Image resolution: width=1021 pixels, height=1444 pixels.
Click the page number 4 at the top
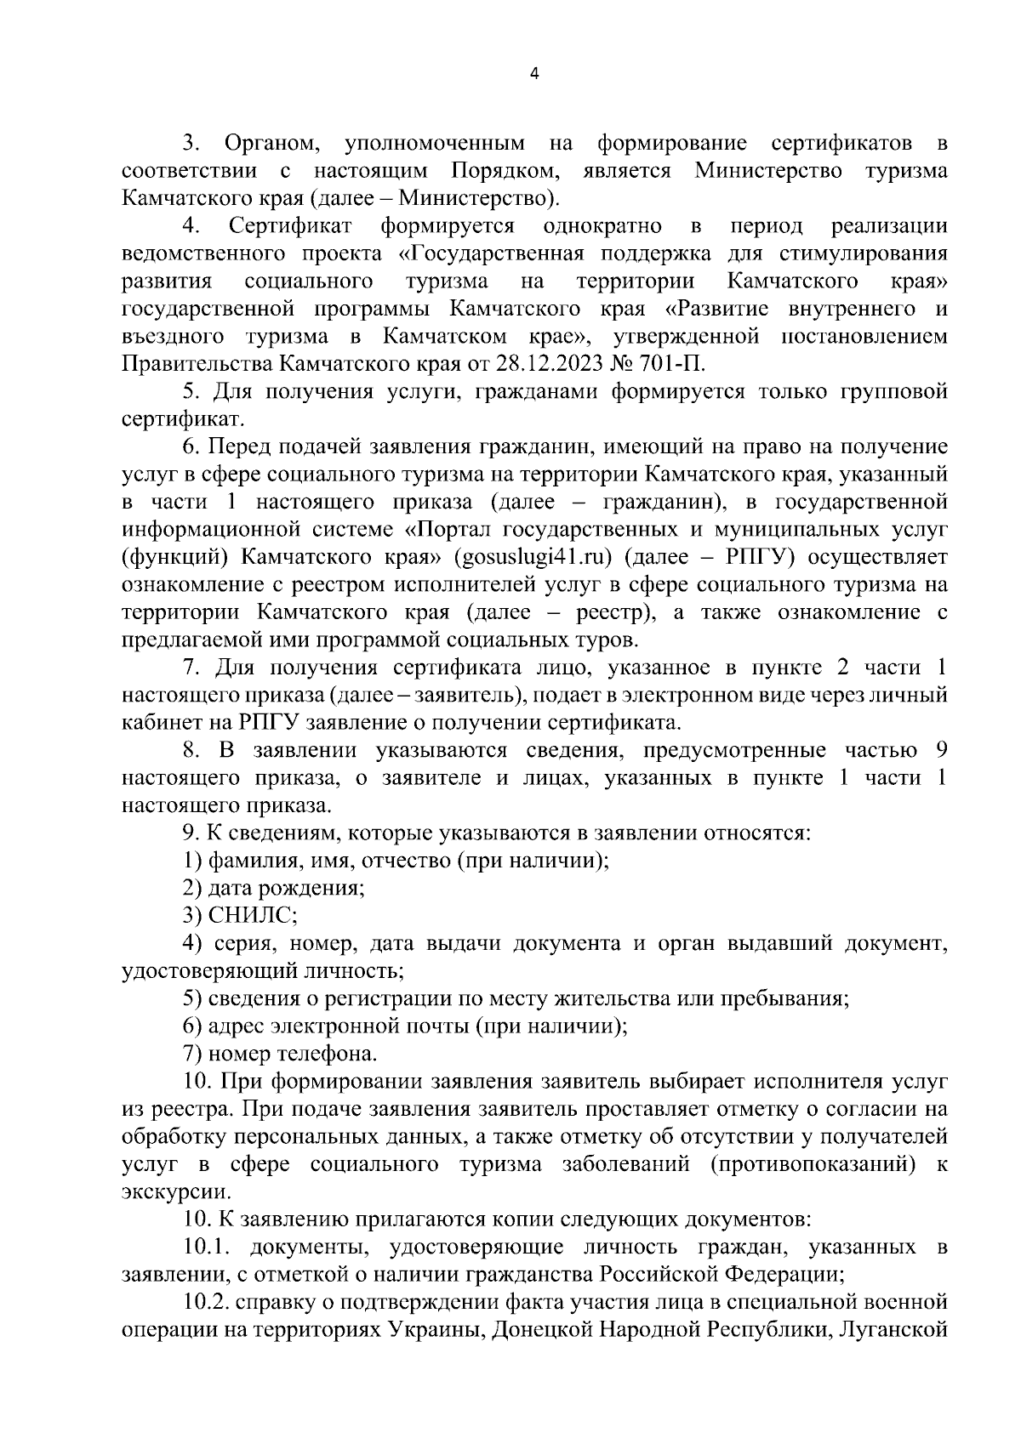533,74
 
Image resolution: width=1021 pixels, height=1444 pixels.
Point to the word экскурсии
164,1191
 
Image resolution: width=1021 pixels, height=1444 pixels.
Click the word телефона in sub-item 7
327,1054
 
